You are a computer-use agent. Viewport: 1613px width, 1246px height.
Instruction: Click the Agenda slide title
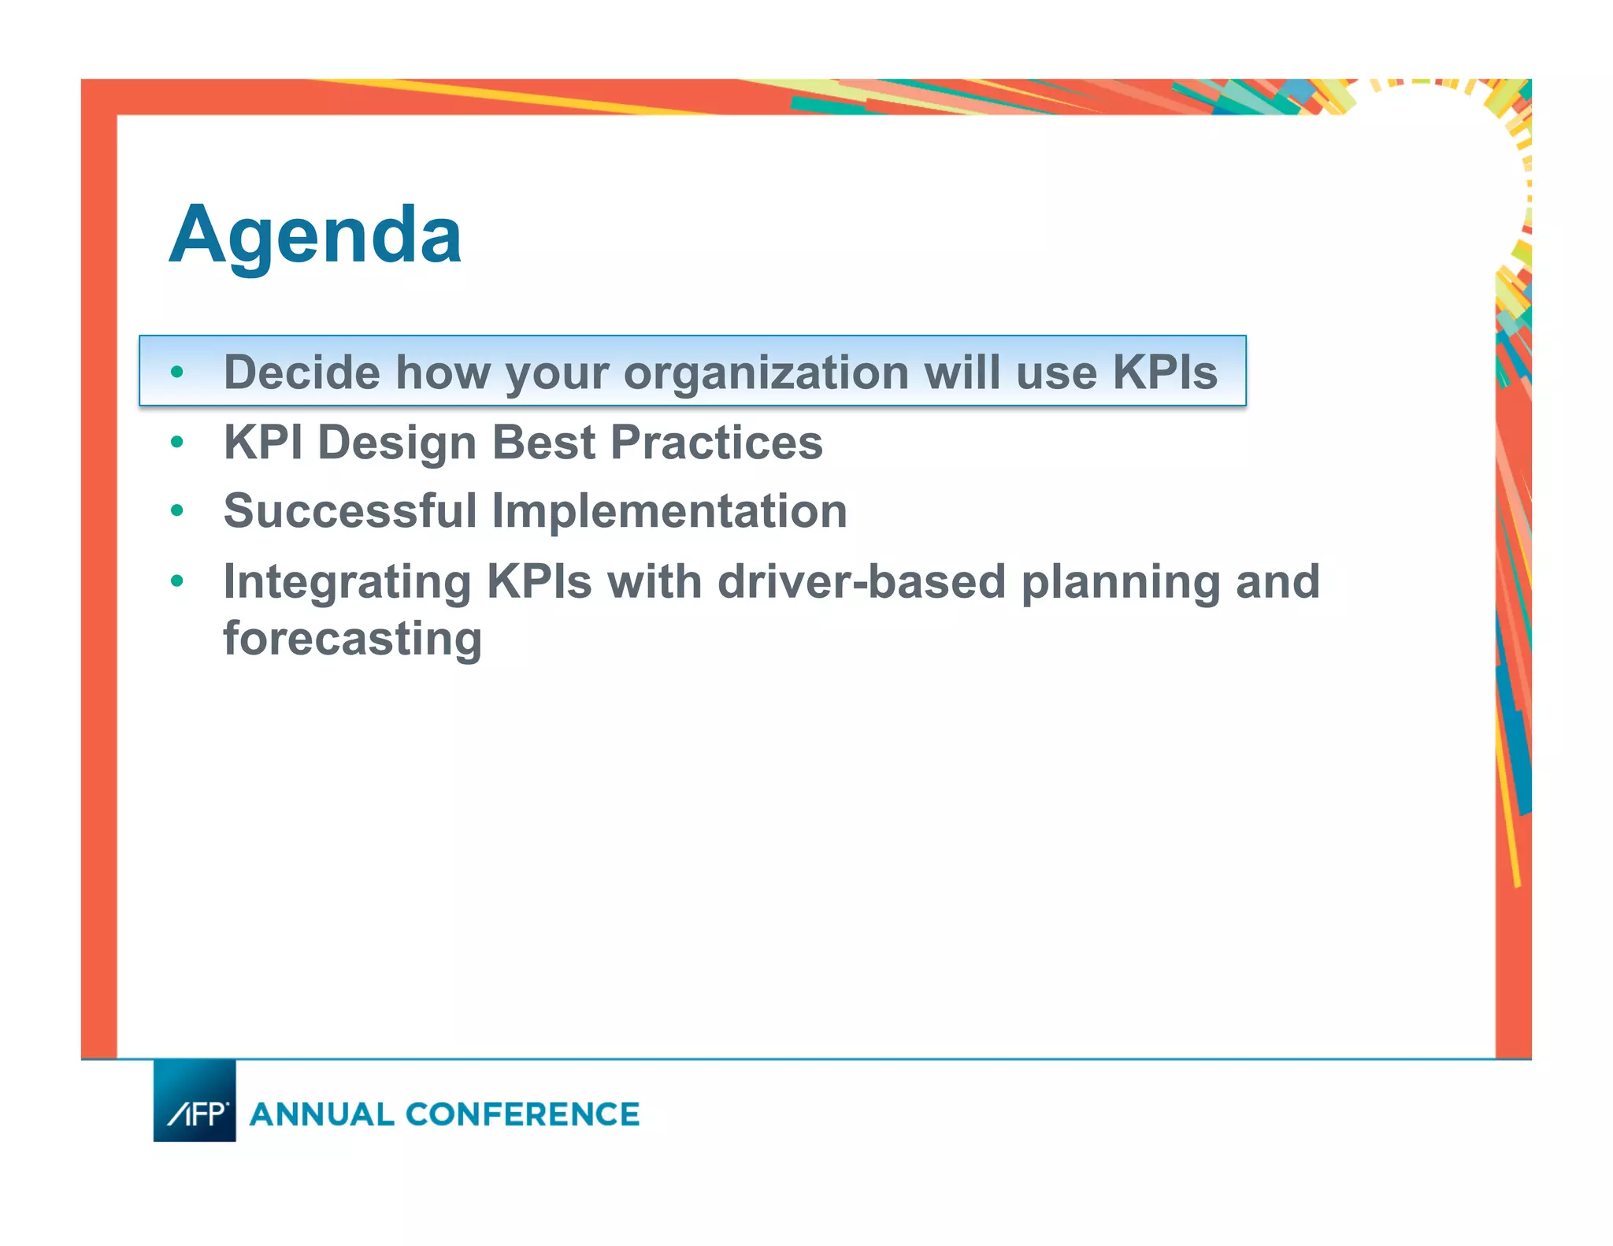click(x=315, y=235)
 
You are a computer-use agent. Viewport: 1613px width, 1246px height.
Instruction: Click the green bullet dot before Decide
click(x=177, y=372)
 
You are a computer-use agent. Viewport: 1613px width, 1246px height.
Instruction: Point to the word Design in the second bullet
click(x=397, y=442)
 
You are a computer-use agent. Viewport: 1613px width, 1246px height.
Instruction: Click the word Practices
click(x=716, y=442)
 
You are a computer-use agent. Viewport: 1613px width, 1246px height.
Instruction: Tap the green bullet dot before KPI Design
click(x=177, y=442)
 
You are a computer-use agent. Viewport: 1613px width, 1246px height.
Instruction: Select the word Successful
click(x=350, y=510)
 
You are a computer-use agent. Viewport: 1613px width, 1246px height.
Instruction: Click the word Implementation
click(x=669, y=510)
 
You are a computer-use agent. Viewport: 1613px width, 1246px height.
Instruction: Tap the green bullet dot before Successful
click(x=177, y=510)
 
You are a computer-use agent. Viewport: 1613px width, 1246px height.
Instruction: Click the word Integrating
click(x=347, y=581)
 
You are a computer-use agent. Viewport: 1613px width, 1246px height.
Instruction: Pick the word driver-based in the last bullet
click(x=862, y=581)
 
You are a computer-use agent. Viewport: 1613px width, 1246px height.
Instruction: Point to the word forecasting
click(x=352, y=638)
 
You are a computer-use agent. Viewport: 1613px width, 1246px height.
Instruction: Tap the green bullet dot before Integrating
click(x=177, y=581)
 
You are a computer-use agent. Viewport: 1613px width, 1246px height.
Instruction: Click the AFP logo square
click(x=195, y=1100)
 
